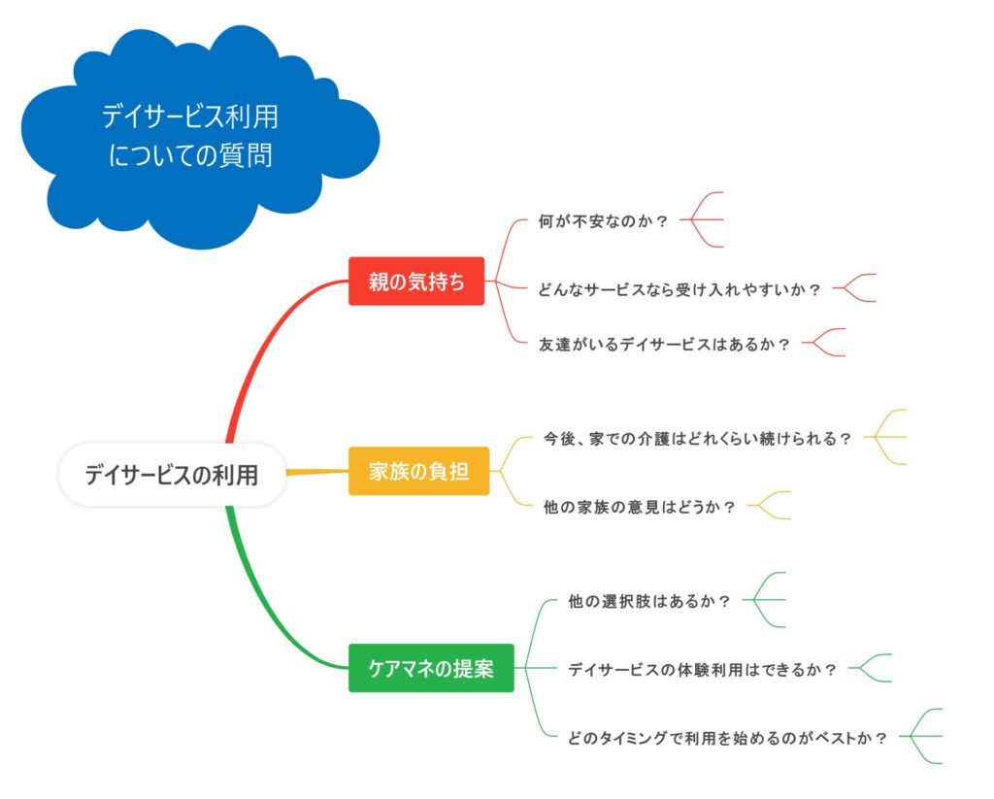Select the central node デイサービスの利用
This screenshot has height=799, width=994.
(x=172, y=475)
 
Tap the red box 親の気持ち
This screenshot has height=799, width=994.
(x=416, y=281)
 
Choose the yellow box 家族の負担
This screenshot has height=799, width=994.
(x=419, y=471)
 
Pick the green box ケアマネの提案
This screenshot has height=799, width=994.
(x=431, y=668)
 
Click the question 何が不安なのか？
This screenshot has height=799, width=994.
(x=603, y=220)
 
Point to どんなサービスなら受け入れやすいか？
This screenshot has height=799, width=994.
(x=679, y=289)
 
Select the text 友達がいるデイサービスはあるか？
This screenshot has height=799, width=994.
(x=664, y=344)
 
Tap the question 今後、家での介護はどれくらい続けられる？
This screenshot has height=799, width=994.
(x=697, y=438)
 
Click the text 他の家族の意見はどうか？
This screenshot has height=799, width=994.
(x=639, y=507)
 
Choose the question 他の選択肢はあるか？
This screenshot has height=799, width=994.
(x=649, y=601)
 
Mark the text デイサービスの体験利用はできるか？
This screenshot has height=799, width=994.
(x=702, y=669)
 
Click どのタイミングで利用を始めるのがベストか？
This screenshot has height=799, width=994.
(x=727, y=738)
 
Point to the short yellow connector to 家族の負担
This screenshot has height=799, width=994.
(x=317, y=472)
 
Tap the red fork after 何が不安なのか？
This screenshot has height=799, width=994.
(x=702, y=219)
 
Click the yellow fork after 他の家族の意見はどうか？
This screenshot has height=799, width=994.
(x=769, y=506)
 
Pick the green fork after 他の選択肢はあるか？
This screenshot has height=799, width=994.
(x=764, y=599)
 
